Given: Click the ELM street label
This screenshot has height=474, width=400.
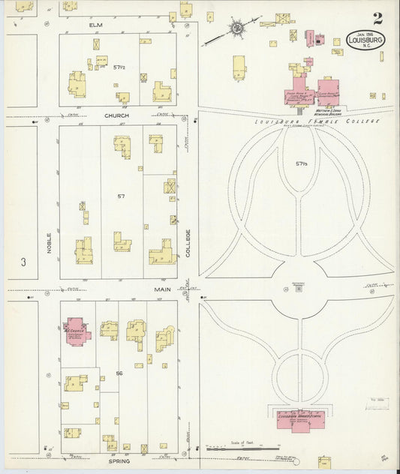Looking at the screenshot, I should point(95,25).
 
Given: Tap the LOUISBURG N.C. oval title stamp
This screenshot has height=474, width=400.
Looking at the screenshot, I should point(365,40).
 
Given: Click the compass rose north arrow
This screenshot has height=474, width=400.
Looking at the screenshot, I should point(236,29).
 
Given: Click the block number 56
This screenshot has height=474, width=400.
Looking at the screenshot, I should point(119,373).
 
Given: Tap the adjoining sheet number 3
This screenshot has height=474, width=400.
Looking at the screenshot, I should point(23,262).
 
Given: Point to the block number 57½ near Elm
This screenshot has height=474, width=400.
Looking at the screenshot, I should point(119,67).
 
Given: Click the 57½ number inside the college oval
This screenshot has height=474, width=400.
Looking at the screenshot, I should point(302,163).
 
